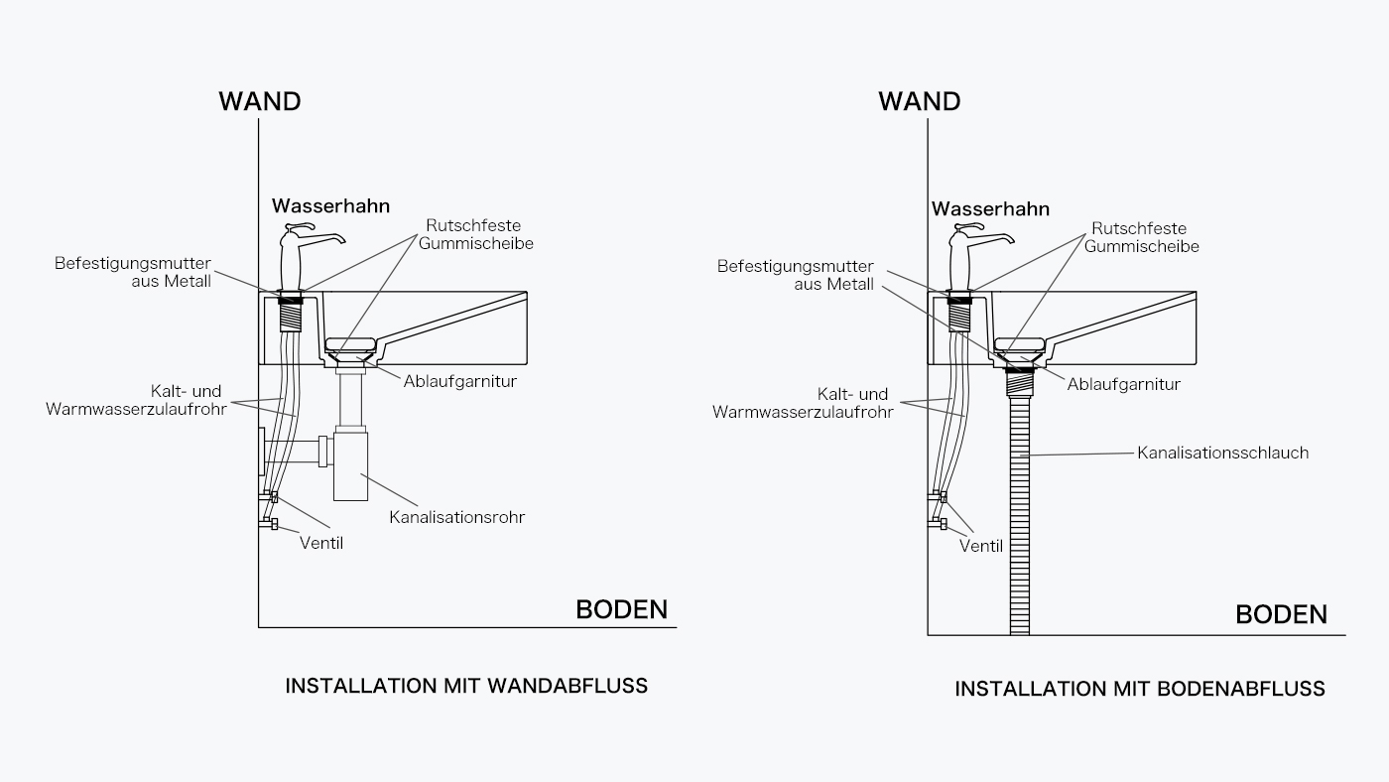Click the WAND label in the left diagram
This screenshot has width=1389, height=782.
(260, 101)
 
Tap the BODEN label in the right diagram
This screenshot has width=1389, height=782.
(1281, 614)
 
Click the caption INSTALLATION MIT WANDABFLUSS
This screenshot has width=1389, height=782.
(466, 686)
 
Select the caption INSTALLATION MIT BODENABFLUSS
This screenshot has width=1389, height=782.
(1140, 689)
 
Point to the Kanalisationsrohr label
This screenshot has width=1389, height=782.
(457, 517)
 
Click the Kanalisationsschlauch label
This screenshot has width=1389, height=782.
(1222, 453)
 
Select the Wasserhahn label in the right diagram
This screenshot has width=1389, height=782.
(990, 209)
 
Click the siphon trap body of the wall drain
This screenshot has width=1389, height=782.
(350, 465)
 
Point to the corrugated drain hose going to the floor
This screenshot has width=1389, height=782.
(1020, 515)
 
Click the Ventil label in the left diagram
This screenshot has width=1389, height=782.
(321, 543)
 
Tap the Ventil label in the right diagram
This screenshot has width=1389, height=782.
(981, 547)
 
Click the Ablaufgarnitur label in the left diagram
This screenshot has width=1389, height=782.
(460, 381)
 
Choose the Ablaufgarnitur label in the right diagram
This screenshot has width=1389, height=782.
(1123, 384)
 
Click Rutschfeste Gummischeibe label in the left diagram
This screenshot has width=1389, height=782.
(475, 234)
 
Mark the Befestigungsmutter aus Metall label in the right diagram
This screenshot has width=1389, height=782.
(796, 275)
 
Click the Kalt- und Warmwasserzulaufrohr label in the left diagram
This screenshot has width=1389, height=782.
(137, 400)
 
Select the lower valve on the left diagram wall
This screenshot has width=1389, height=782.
(269, 524)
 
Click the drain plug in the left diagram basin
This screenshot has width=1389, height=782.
(350, 344)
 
